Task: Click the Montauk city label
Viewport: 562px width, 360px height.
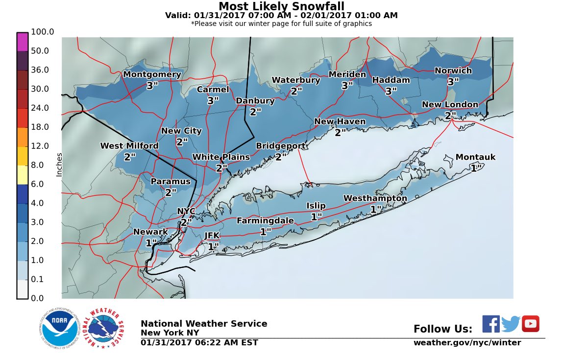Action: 475,157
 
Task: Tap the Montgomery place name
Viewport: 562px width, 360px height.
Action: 152,74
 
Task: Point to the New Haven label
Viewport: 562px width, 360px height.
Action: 340,121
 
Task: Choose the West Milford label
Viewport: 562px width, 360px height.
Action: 129,146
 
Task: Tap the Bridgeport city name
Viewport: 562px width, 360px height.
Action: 281,146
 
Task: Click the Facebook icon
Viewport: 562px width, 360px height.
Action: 491,324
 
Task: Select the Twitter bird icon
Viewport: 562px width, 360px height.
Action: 511,324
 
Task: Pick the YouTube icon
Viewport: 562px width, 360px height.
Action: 530,324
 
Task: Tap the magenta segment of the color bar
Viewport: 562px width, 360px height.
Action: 23,42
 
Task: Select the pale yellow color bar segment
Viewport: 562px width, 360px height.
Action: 23,175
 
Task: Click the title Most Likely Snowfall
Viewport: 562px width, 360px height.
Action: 281,6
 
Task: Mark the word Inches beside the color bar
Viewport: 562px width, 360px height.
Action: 59,165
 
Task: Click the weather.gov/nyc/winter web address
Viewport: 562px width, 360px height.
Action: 467,343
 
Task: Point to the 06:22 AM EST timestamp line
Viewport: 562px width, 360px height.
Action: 199,343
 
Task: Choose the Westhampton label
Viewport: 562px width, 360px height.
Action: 375,198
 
